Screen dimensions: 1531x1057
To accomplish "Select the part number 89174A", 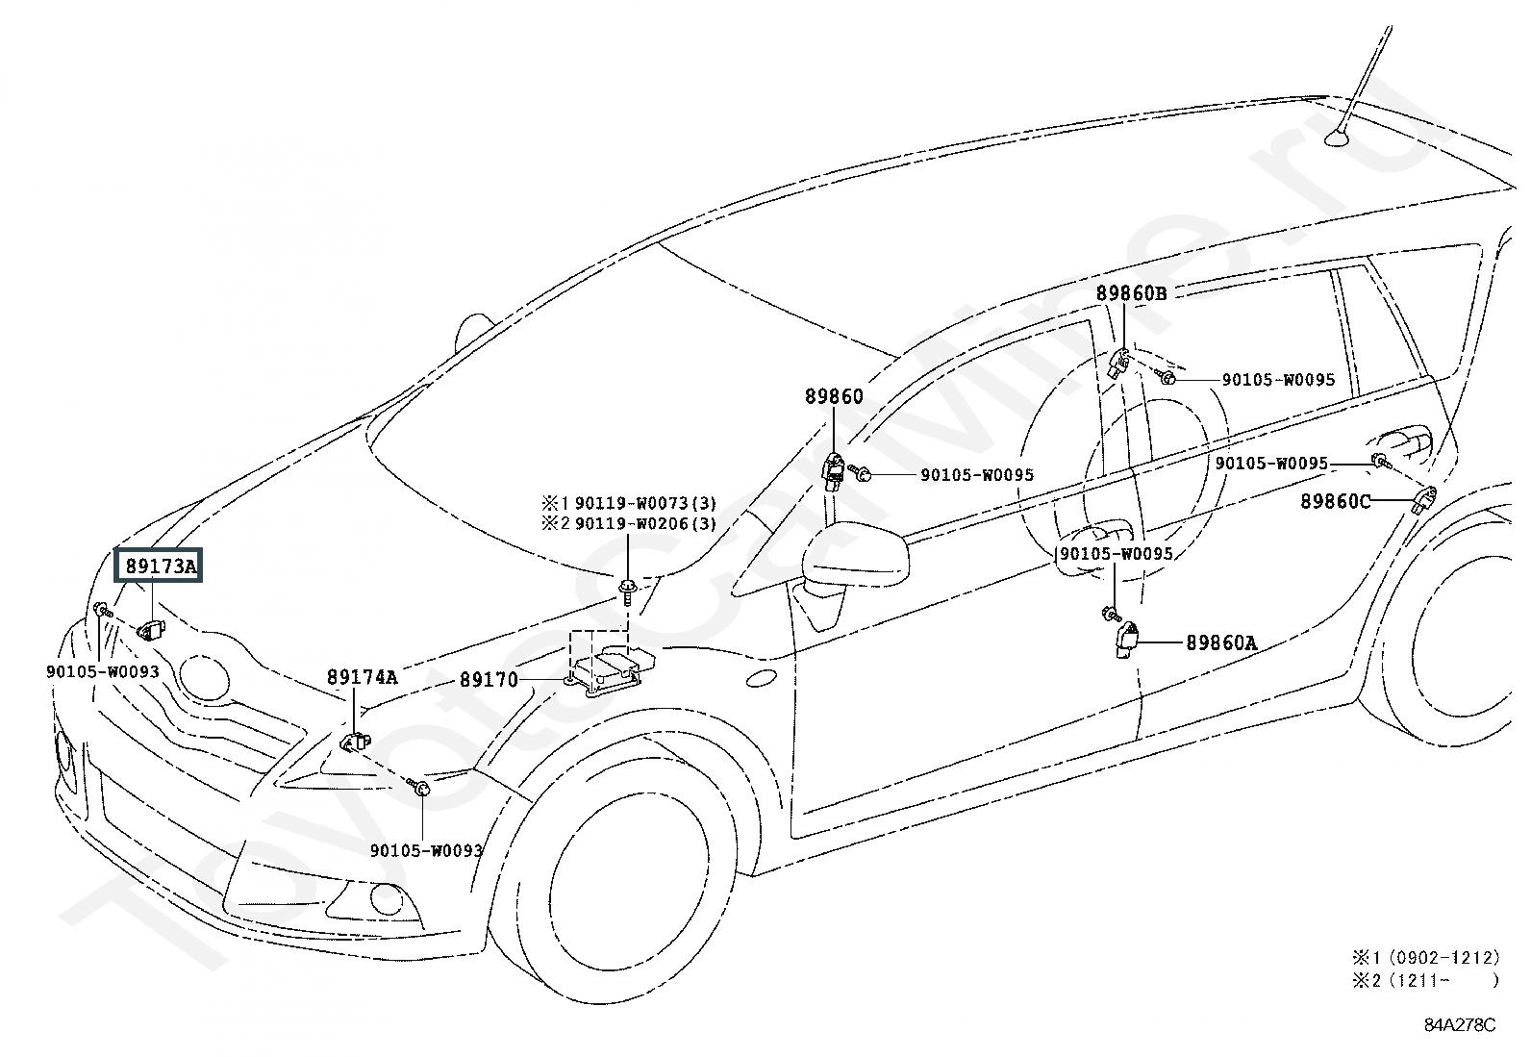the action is point(362,677).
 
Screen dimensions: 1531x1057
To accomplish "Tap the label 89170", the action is point(489,680).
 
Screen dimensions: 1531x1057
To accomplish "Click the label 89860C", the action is point(1335,501).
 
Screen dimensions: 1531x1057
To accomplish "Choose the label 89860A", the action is point(1220,642).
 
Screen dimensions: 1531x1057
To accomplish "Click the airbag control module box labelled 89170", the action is point(607,671).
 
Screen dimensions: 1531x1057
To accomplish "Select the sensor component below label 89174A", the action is point(355,742).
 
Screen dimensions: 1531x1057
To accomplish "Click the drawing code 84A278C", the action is point(1459,1024).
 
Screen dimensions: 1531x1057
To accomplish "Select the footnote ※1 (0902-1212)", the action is point(1426,957).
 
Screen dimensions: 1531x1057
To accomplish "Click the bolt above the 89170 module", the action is point(627,591).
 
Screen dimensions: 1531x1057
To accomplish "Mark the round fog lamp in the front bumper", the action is point(387,899).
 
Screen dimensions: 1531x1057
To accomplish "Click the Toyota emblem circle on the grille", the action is point(204,677).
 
